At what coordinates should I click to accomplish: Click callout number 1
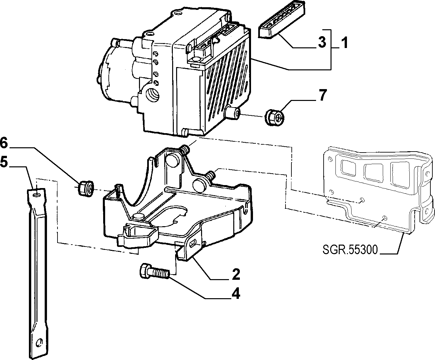pos(345,42)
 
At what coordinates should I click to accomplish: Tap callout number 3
pos(322,42)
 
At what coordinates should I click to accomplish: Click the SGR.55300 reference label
pos(350,250)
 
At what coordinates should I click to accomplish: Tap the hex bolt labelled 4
pos(154,272)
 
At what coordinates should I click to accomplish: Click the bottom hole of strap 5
pos(39,342)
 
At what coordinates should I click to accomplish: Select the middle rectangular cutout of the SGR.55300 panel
pos(373,172)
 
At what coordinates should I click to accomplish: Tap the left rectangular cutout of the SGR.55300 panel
pos(350,168)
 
